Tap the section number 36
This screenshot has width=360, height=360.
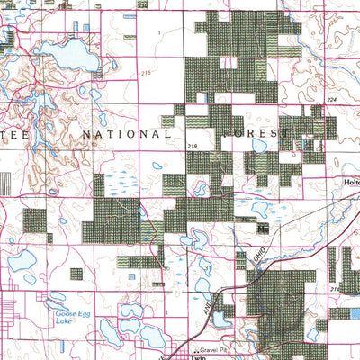pos(166,268)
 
